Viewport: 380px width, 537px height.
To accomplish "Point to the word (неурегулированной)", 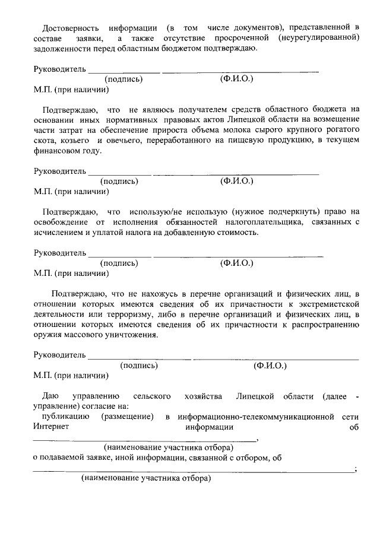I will click(319, 38).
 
